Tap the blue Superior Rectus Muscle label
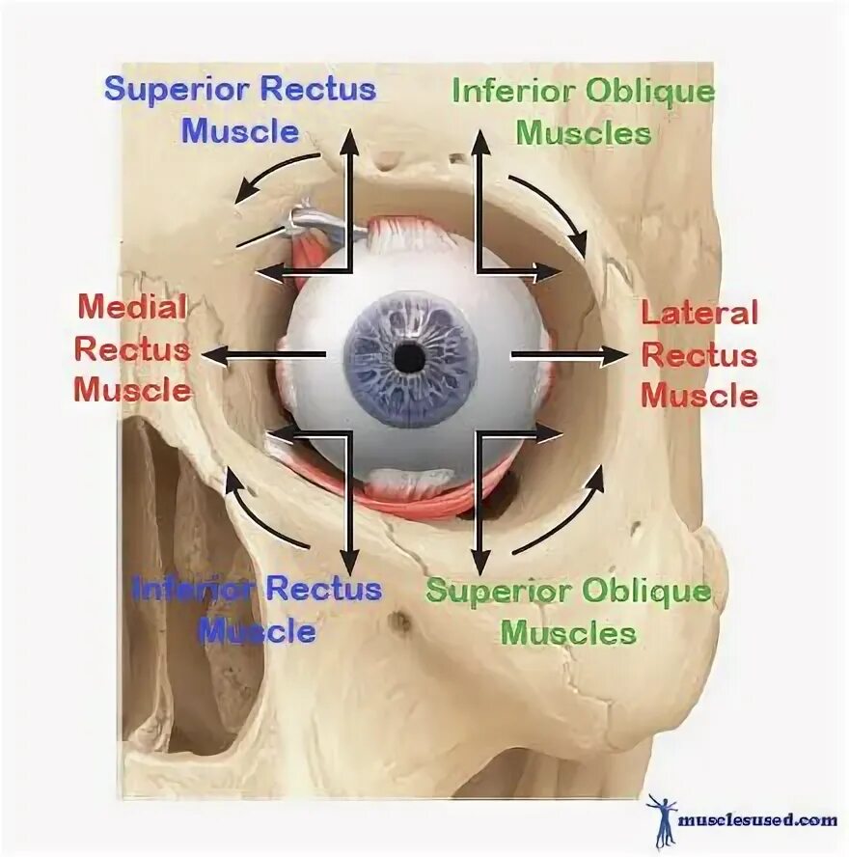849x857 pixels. click(240, 110)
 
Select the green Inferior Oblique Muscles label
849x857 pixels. click(584, 111)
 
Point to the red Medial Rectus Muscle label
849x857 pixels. click(132, 348)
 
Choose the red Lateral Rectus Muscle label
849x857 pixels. click(699, 354)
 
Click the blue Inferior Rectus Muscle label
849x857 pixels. click(257, 609)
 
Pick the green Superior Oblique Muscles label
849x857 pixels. click(569, 612)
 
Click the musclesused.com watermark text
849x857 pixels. click(758, 820)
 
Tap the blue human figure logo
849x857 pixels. click(663, 819)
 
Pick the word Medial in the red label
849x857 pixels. click(131, 308)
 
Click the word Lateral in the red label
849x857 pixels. click(699, 313)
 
